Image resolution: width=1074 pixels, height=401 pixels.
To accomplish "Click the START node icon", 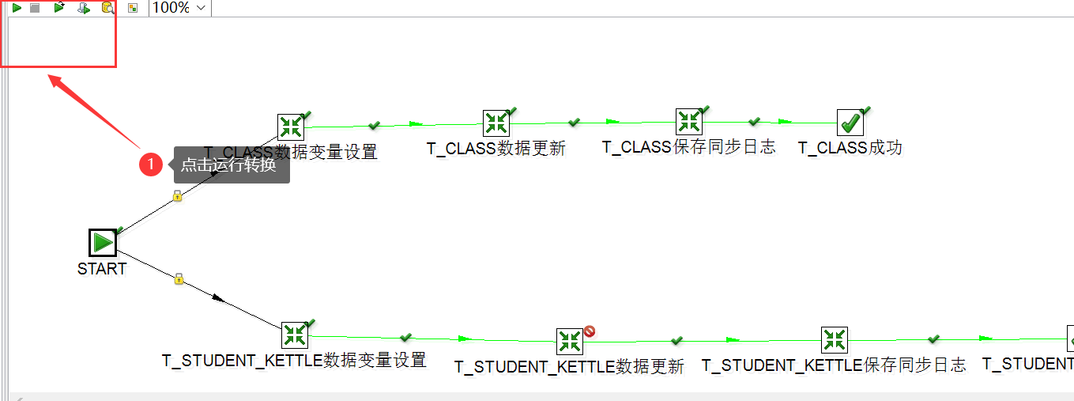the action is click(x=103, y=242).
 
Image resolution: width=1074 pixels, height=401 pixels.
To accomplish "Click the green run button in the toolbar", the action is click(x=16, y=8).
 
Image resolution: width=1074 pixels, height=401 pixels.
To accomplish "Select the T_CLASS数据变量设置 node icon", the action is click(x=291, y=127).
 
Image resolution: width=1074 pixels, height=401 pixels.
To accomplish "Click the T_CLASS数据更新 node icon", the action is click(x=496, y=123).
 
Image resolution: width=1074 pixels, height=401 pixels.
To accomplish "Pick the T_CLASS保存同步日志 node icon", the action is click(x=689, y=121).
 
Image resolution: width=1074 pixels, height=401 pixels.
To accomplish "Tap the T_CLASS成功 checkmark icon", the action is click(x=850, y=123).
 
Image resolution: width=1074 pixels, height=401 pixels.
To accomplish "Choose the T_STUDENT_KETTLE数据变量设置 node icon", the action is click(x=294, y=335).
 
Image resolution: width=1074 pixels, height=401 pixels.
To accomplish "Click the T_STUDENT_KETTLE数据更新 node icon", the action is click(x=569, y=342).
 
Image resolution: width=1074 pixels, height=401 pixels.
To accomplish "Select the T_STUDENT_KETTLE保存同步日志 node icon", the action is click(x=834, y=340).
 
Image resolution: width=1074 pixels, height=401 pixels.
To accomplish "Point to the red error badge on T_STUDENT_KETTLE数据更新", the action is click(x=590, y=331).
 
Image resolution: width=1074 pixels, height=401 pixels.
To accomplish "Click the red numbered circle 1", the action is click(x=151, y=165).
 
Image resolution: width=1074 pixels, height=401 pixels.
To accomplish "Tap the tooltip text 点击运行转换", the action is click(x=228, y=165).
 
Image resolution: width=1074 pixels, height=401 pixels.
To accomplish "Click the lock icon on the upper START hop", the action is click(x=178, y=195).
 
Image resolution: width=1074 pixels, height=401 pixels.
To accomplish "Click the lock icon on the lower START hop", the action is click(x=179, y=278).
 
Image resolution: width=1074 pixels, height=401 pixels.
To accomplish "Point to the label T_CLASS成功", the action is click(x=850, y=148).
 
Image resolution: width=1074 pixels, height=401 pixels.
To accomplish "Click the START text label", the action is click(x=102, y=269).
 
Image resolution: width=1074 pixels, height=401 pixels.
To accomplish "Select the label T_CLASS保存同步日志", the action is click(x=688, y=147).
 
